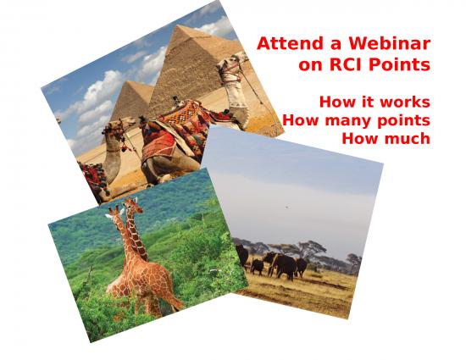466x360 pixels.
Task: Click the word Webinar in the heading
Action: click(390, 43)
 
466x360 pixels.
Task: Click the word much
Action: click(408, 138)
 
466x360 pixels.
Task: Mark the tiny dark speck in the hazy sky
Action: click(287, 207)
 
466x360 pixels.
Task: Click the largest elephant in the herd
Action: click(284, 266)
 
